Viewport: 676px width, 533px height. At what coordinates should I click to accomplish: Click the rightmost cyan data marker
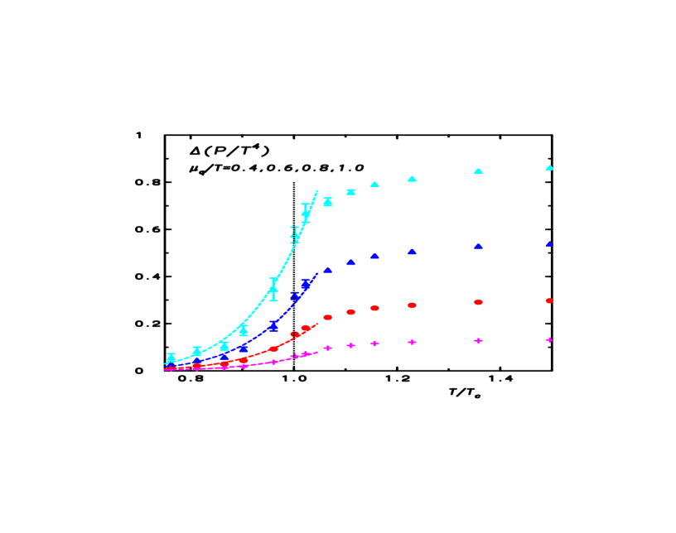(549, 168)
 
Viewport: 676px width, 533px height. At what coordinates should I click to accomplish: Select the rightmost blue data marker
(549, 245)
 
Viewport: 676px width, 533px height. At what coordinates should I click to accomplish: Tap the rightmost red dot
(549, 301)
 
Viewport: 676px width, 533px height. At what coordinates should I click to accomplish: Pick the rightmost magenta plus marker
(549, 340)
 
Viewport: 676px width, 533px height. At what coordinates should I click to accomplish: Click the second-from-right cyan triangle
(478, 171)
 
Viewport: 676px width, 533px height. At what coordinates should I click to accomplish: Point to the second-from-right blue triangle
(478, 247)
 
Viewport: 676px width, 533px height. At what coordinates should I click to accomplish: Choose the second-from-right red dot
(478, 303)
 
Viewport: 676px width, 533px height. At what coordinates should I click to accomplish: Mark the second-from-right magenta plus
(478, 341)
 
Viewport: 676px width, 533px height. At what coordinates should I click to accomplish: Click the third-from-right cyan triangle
(412, 179)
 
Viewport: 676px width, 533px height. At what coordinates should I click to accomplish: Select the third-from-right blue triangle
(412, 252)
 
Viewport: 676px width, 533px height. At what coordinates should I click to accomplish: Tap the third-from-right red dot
(412, 305)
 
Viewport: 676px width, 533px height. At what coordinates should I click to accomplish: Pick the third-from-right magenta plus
(412, 342)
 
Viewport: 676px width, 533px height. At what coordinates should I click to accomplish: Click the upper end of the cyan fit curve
(318, 190)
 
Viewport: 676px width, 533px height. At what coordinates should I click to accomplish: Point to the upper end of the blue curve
(318, 274)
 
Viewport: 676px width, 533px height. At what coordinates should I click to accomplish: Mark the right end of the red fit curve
(318, 324)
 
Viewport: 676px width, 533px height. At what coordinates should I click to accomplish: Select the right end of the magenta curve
(318, 352)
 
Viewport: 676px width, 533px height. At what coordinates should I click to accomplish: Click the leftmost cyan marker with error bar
(171, 358)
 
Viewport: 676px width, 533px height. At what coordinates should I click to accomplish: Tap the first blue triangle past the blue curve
(328, 270)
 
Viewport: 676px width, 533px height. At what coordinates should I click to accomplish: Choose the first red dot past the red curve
(328, 317)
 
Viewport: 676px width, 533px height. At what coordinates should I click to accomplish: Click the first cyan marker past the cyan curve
(328, 202)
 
